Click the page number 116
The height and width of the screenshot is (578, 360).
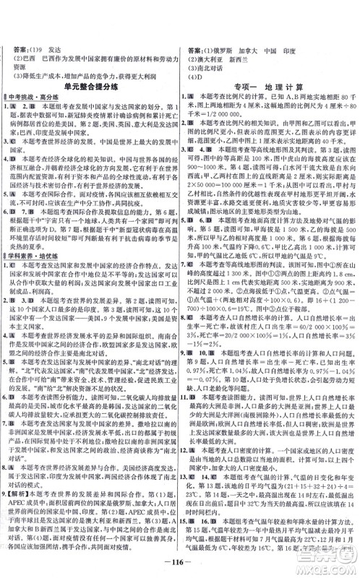tap(180, 561)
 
